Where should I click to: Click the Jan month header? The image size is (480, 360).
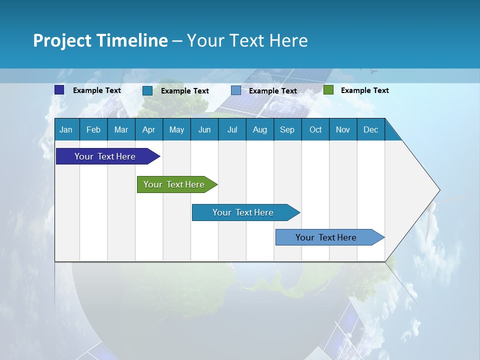[x=66, y=130]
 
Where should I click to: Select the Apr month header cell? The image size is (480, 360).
[x=148, y=130]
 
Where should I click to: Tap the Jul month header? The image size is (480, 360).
[x=232, y=130]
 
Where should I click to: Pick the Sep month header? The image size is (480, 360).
[x=287, y=130]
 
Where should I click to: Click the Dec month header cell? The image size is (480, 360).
[x=370, y=130]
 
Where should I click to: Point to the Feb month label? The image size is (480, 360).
[x=93, y=130]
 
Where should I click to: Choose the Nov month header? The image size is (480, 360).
[x=342, y=130]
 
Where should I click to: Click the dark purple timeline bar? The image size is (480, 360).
[x=105, y=156]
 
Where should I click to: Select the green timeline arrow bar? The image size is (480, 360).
[x=174, y=184]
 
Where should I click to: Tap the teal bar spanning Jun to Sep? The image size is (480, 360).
[x=243, y=212]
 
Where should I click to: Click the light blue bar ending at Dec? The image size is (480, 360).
[x=326, y=237]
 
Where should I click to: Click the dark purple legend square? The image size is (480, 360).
[x=59, y=90]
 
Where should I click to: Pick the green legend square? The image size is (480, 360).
[x=328, y=90]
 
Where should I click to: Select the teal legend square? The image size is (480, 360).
[x=147, y=90]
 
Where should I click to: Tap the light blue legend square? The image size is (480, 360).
[x=236, y=90]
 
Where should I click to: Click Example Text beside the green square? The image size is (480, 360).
[x=364, y=90]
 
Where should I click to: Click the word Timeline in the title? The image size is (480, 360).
[x=131, y=40]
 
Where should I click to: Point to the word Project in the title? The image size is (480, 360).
[x=62, y=40]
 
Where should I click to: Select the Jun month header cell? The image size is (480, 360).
[x=204, y=130]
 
